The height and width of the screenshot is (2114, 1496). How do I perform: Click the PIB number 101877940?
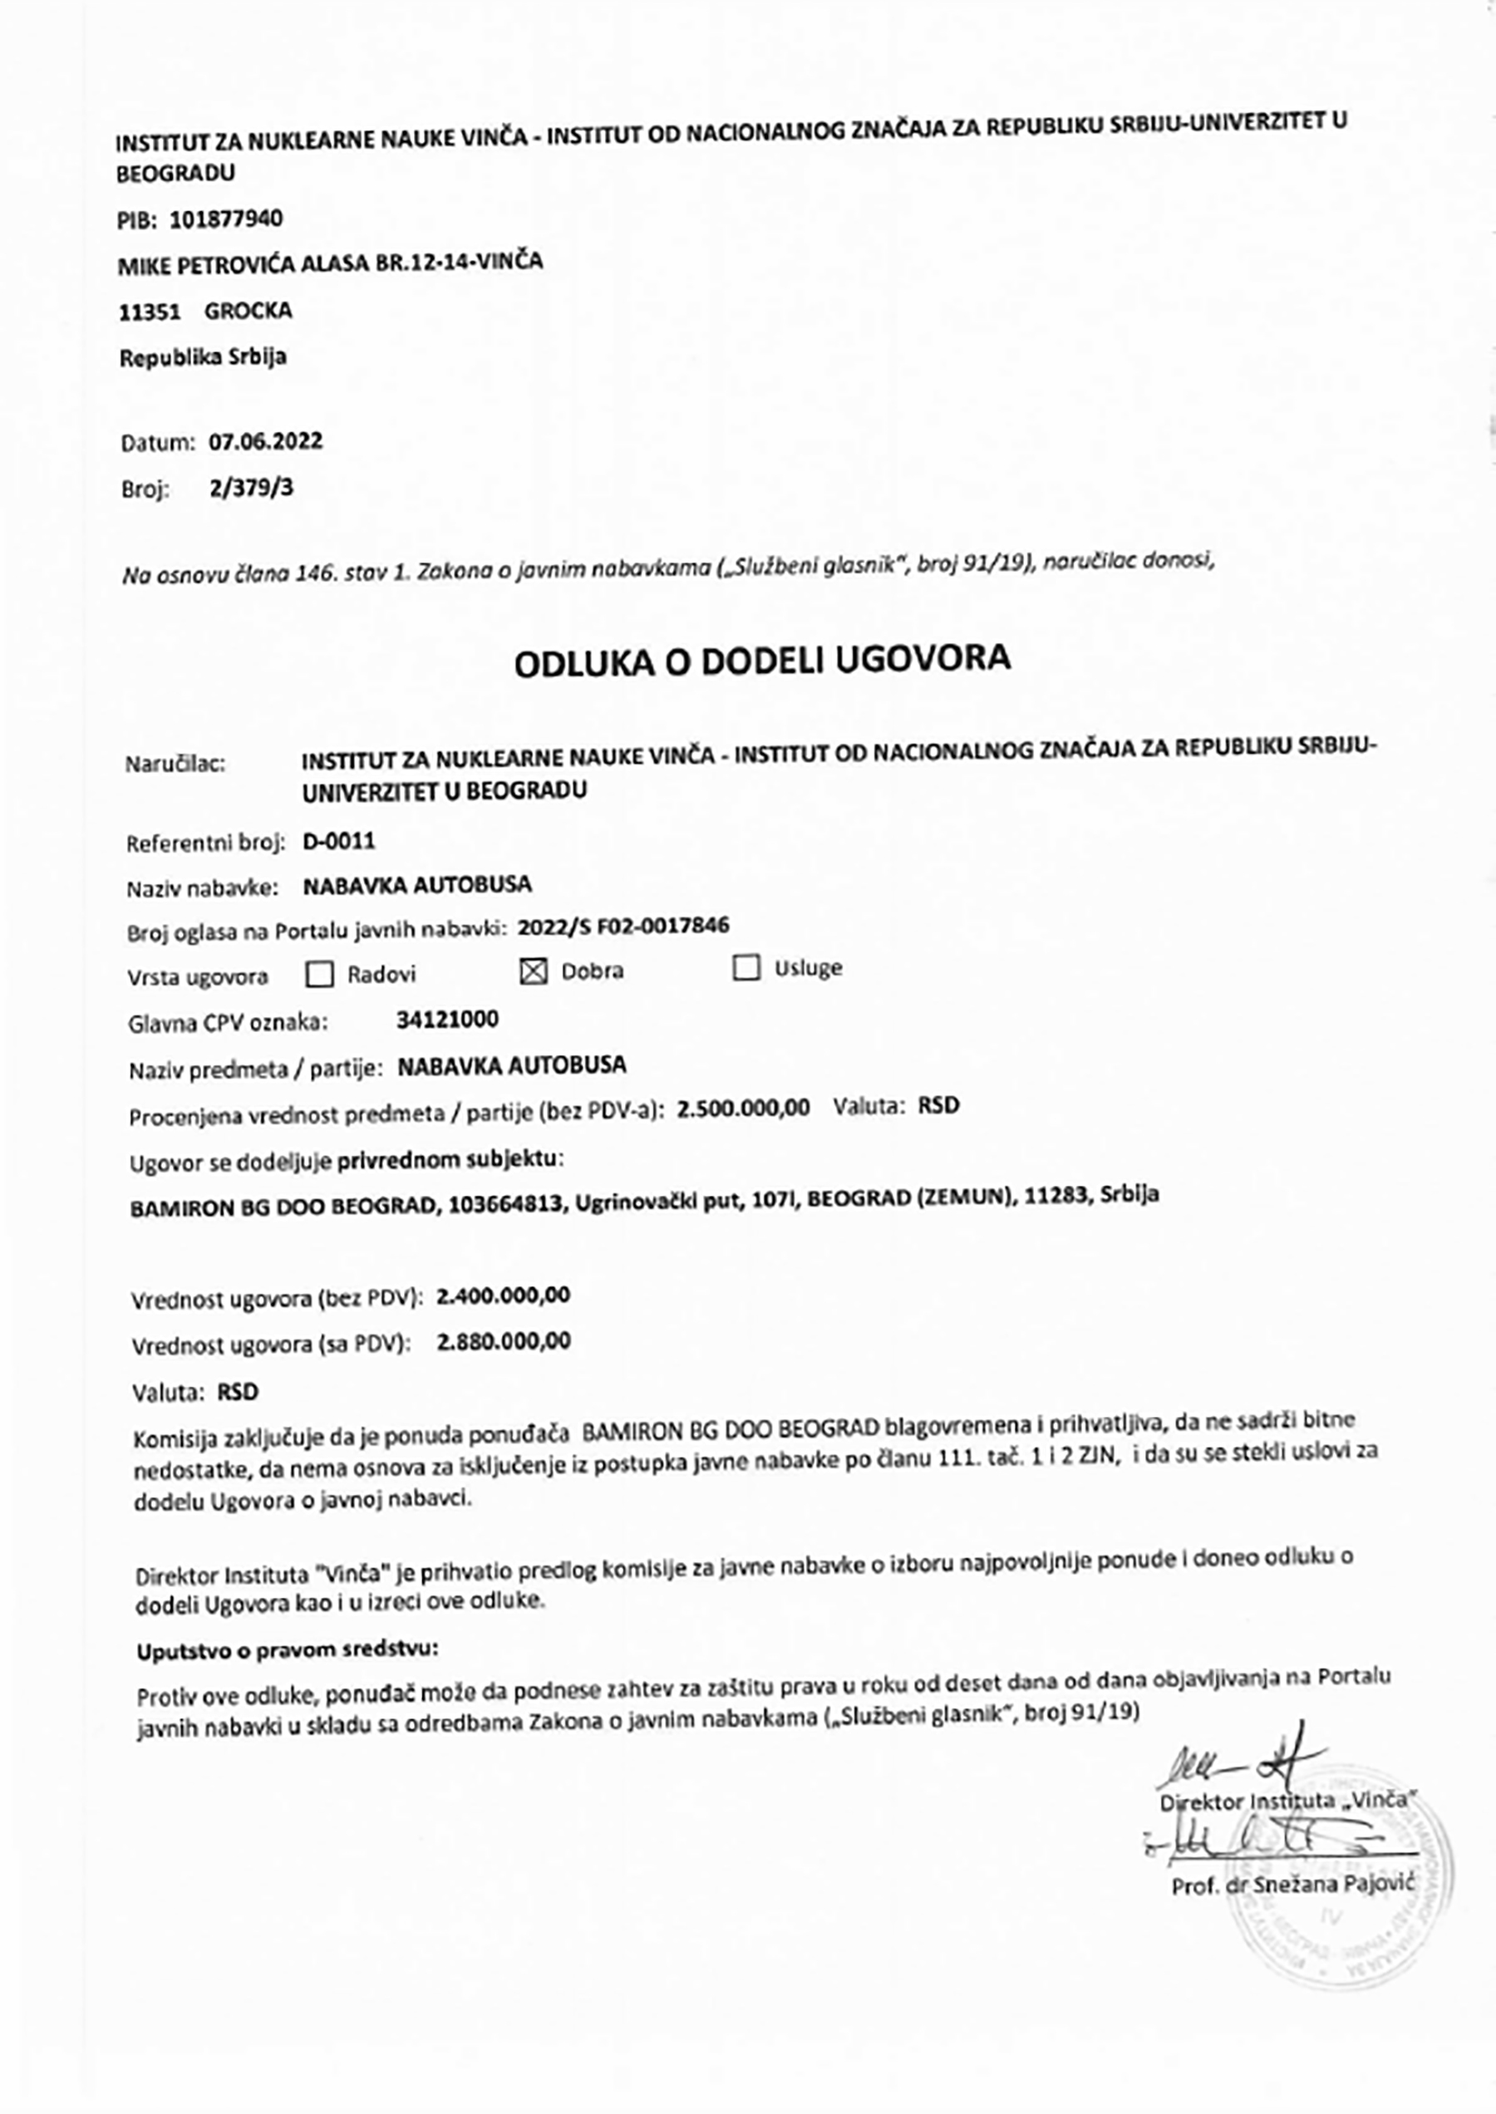(x=227, y=219)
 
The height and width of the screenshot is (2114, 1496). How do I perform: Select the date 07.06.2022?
(x=265, y=441)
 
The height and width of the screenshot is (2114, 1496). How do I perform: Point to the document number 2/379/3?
(x=252, y=487)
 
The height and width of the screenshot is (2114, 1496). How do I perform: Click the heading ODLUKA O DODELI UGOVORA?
(x=762, y=661)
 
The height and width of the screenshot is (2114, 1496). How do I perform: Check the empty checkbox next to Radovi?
(x=318, y=975)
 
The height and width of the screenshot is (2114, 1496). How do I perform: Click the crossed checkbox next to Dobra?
(x=534, y=971)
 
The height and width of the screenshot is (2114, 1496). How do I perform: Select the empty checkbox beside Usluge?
(x=746, y=968)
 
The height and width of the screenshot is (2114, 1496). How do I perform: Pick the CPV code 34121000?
(x=448, y=1020)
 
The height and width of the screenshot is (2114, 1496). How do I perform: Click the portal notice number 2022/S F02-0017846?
(x=623, y=926)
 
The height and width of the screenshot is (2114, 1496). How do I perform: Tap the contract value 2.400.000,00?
(x=503, y=1296)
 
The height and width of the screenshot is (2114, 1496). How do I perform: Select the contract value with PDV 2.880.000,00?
(x=504, y=1341)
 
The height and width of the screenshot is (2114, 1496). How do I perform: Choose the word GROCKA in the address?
(x=248, y=311)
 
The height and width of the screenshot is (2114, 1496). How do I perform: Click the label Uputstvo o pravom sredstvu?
(x=288, y=1649)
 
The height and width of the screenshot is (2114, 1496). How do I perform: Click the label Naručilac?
(x=175, y=764)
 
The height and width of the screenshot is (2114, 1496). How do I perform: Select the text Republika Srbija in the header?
(x=203, y=357)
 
